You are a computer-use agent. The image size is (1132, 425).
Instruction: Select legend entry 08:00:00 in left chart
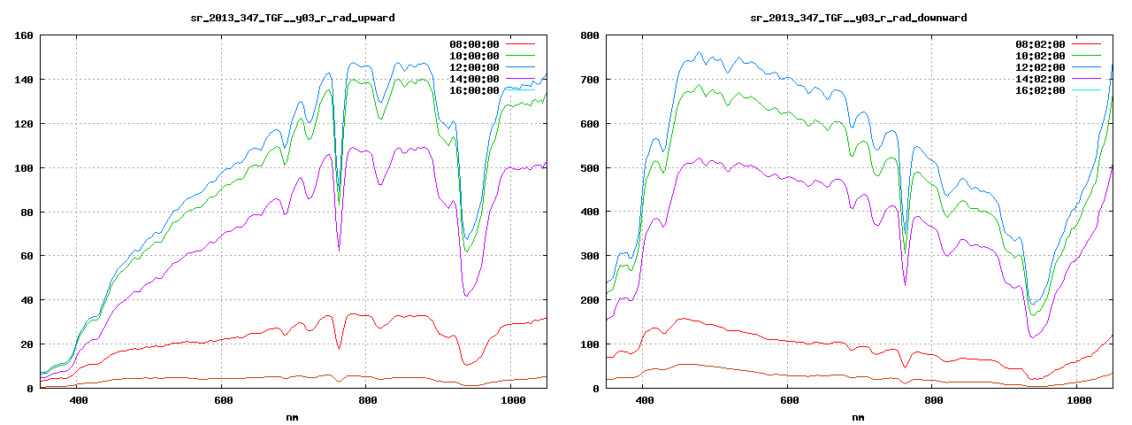pyautogui.click(x=475, y=44)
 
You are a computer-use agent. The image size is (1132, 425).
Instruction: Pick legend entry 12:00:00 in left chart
pyautogui.click(x=475, y=67)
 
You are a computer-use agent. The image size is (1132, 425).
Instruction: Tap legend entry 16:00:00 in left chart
pyautogui.click(x=475, y=90)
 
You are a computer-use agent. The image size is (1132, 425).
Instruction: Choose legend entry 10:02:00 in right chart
pyautogui.click(x=1041, y=56)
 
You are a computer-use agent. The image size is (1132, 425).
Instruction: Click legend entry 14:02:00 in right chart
pyautogui.click(x=1041, y=79)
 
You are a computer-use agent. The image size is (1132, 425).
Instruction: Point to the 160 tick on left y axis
pyautogui.click(x=24, y=35)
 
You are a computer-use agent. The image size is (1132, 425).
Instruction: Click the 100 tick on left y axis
pyautogui.click(x=24, y=167)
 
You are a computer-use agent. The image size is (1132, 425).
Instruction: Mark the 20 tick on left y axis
pyautogui.click(x=27, y=344)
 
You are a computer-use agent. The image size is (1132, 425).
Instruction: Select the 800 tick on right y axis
pyautogui.click(x=590, y=35)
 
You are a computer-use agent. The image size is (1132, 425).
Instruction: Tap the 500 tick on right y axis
pyautogui.click(x=590, y=167)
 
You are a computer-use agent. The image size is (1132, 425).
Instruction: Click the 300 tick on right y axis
pyautogui.click(x=590, y=256)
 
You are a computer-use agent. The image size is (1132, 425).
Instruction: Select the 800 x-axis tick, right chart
pyautogui.click(x=933, y=400)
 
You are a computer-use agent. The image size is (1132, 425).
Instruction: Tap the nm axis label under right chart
pyautogui.click(x=858, y=416)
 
